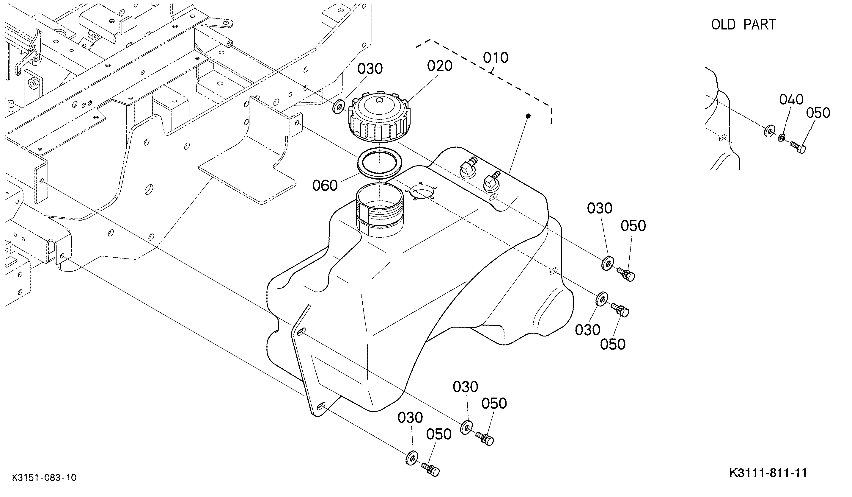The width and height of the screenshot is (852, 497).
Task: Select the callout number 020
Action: pyautogui.click(x=439, y=66)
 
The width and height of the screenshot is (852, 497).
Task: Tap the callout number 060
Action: pyautogui.click(x=325, y=186)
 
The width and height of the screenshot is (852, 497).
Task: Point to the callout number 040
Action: pyautogui.click(x=791, y=99)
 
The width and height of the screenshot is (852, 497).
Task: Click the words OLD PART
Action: pyautogui.click(x=743, y=25)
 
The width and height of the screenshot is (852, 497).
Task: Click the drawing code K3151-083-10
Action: pyautogui.click(x=44, y=478)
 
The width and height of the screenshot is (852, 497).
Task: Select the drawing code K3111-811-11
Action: pyautogui.click(x=768, y=473)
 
